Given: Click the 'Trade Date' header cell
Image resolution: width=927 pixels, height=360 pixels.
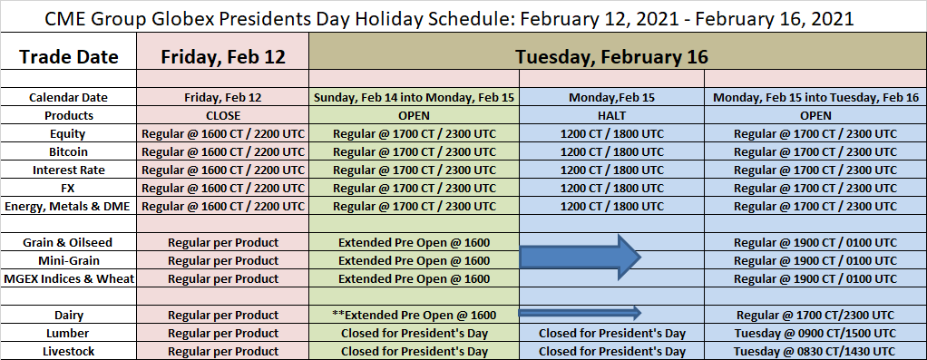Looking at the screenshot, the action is [69, 57].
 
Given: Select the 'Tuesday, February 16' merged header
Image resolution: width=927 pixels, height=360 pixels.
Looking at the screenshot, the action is [611, 57].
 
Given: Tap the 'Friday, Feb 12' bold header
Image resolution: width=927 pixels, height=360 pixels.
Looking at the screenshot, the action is [223, 57].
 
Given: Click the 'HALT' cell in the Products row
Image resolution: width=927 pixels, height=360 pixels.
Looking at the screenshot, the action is [611, 115].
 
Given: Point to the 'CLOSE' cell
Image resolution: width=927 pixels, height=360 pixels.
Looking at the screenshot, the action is [223, 115].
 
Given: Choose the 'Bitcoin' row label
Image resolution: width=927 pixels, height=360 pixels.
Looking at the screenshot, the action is [69, 152].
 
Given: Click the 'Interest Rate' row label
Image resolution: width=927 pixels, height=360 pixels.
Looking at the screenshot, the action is [69, 170].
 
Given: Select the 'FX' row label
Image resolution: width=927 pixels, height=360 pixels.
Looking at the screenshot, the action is [69, 188].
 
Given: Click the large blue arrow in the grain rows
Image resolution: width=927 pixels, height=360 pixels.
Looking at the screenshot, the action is [580, 257].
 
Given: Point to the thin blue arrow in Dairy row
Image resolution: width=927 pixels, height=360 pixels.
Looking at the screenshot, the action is [580, 312].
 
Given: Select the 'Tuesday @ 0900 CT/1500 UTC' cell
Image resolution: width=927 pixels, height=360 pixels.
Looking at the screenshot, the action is [815, 334].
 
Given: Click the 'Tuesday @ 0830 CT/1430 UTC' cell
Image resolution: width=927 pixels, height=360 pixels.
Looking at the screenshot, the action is [815, 352].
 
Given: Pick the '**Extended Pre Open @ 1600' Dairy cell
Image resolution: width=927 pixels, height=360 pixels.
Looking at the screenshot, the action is [414, 315].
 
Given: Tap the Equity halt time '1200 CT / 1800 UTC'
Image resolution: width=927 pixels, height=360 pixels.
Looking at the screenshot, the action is [611, 134].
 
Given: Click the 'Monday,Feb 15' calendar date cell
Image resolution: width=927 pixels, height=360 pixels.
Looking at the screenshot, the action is [611, 98].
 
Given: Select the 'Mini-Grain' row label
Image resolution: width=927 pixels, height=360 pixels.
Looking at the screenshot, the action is [69, 260].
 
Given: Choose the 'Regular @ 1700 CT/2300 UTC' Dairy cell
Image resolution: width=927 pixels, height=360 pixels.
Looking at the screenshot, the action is [815, 315].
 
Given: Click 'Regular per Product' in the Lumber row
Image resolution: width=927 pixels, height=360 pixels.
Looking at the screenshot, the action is [223, 334].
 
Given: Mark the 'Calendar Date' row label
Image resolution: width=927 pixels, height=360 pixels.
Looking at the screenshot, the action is [69, 98].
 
